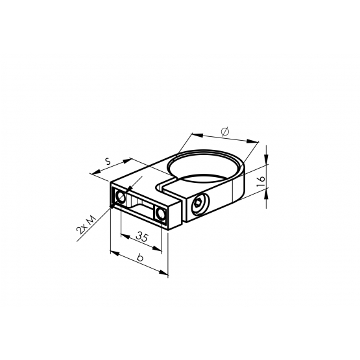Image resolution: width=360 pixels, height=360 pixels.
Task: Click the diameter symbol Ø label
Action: coord(225,132)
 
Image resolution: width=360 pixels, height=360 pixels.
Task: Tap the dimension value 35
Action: coord(142,237)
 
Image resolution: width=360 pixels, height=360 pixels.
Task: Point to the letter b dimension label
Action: coord(139,258)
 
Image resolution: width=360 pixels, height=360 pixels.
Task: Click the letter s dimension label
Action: coord(108,162)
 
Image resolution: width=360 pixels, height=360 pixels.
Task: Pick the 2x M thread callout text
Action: coord(86,225)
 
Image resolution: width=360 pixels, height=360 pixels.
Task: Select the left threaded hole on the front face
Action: coord(121,197)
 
